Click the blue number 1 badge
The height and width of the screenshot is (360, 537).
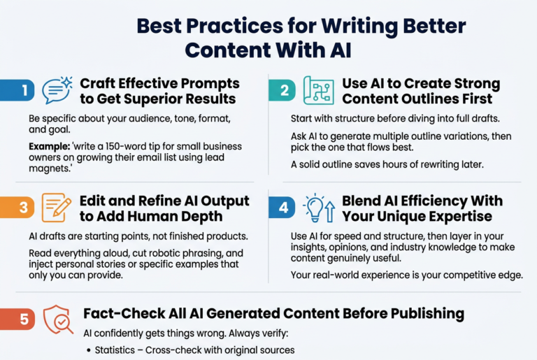(17, 90)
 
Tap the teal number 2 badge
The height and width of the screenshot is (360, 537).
(282, 90)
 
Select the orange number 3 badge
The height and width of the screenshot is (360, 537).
(17, 207)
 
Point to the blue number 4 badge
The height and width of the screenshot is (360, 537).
(282, 207)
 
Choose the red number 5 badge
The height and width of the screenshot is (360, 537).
(17, 319)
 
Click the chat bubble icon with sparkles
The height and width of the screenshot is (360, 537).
(57, 90)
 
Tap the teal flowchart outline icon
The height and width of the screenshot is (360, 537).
(319, 90)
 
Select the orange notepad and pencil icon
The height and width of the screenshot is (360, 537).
(57, 208)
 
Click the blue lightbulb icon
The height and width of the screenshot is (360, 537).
(319, 208)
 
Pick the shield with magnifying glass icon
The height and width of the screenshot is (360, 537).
(58, 319)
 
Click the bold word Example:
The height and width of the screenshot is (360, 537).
(50, 147)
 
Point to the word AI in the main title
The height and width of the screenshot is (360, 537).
(341, 50)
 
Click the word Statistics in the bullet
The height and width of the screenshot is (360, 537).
(115, 350)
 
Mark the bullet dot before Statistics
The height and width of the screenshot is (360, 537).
(89, 350)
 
